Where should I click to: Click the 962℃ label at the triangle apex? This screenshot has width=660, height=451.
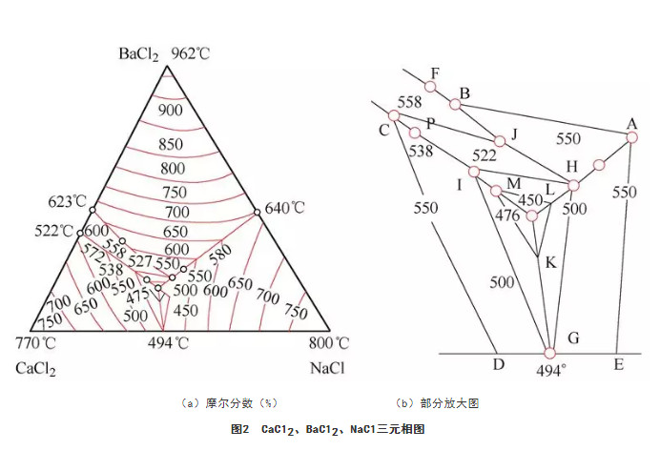pyautogui.click(x=190, y=54)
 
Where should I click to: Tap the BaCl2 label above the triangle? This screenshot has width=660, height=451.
pyautogui.click(x=139, y=54)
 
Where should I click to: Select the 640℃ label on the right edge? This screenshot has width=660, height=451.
pyautogui.click(x=284, y=208)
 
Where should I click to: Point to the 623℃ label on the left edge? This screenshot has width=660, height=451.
pyautogui.click(x=67, y=202)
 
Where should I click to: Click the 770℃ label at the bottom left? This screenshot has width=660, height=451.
pyautogui.click(x=36, y=343)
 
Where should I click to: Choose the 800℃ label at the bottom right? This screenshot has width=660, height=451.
pyautogui.click(x=329, y=343)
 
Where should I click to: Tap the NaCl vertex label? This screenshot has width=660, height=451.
pyautogui.click(x=327, y=368)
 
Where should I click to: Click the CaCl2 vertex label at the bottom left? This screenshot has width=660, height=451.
pyautogui.click(x=36, y=369)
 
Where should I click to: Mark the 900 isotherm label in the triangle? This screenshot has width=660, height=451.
pyautogui.click(x=171, y=111)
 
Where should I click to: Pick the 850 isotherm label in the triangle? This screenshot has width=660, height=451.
pyautogui.click(x=171, y=144)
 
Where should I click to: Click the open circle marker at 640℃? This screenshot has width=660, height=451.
pyautogui.click(x=258, y=213)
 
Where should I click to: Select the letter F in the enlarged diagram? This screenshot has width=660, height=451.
pyautogui.click(x=435, y=74)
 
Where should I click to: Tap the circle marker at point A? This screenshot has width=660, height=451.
pyautogui.click(x=631, y=137)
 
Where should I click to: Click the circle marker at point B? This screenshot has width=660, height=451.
pyautogui.click(x=455, y=104)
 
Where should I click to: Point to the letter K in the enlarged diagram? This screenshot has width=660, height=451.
pyautogui.click(x=550, y=263)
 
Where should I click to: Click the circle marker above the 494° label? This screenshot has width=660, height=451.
pyautogui.click(x=549, y=353)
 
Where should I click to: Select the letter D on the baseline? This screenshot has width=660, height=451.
pyautogui.click(x=499, y=364)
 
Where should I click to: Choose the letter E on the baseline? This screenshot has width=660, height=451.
pyautogui.click(x=618, y=364)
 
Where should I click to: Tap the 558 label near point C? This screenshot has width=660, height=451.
pyautogui.click(x=409, y=102)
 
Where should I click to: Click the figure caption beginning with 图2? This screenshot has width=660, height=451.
pyautogui.click(x=327, y=429)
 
